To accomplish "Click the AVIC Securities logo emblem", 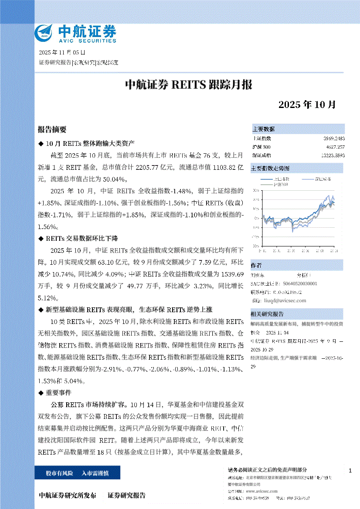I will [x=45, y=33].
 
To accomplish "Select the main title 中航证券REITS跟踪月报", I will [x=189, y=84].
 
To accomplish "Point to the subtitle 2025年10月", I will [x=307, y=105].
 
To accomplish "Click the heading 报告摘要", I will [x=52, y=129].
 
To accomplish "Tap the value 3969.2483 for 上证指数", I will [x=334, y=138].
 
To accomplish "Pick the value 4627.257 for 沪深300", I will [x=335, y=146].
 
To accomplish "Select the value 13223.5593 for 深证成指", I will [x=333, y=155].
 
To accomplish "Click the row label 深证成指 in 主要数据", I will [x=262, y=155].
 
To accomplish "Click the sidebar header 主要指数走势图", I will [x=270, y=168].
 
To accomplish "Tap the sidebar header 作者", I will [x=256, y=266].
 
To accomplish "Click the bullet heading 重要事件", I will [x=56, y=392].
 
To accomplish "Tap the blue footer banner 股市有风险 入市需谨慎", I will [x=77, y=472].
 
